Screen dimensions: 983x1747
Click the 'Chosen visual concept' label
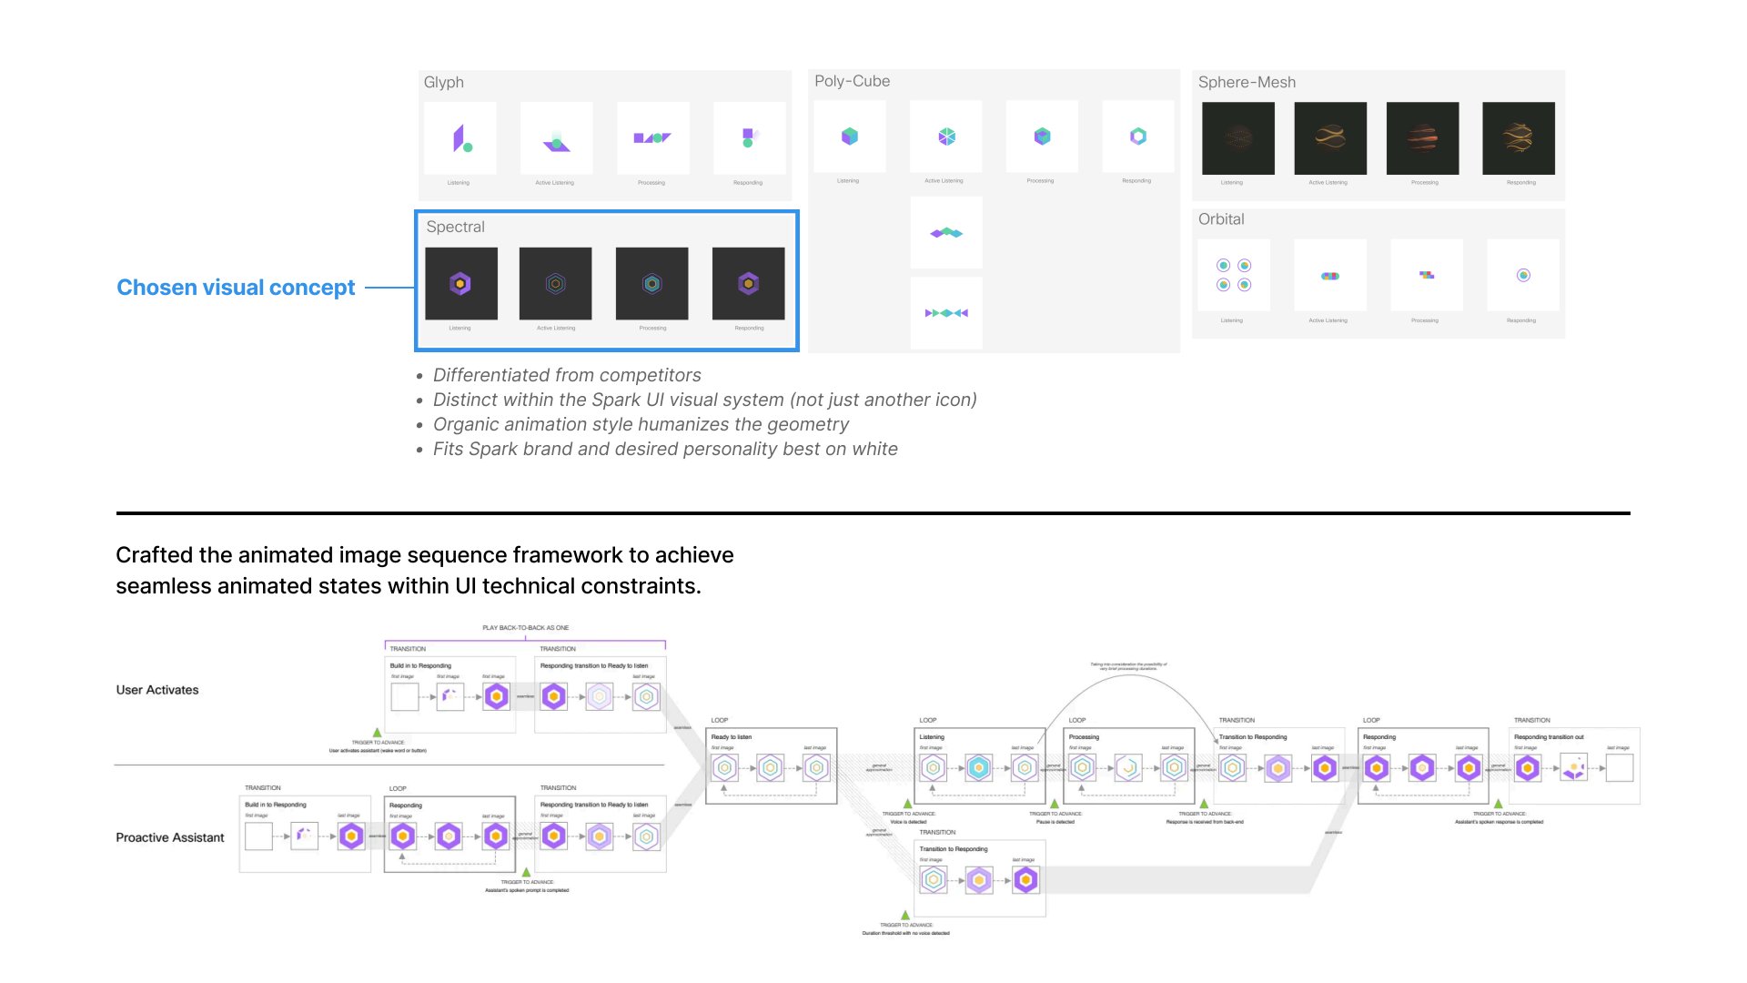tap(236, 288)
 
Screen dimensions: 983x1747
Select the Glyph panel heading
tap(444, 83)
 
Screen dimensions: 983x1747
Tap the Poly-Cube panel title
tap(852, 81)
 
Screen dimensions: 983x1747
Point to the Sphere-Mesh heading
tap(1247, 83)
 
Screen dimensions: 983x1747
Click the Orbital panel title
tap(1221, 219)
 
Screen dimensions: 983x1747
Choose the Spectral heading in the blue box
tap(455, 227)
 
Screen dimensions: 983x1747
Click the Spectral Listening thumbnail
tap(461, 284)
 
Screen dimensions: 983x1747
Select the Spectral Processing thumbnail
tap(651, 284)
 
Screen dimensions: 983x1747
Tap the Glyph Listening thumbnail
tap(460, 138)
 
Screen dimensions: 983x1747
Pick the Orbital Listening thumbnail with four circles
tap(1234, 275)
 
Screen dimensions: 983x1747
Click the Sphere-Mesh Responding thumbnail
tap(1518, 138)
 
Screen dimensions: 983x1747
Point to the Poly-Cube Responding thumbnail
tap(1137, 137)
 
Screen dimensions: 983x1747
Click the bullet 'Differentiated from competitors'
tap(567, 375)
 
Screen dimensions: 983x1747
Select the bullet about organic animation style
tap(641, 424)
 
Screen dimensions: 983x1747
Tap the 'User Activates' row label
tap(157, 690)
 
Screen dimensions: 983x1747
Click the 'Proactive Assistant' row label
tap(170, 837)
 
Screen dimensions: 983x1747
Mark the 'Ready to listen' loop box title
tap(732, 737)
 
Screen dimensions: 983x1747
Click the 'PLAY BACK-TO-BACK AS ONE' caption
tap(526, 628)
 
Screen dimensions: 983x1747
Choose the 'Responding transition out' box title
tap(1549, 737)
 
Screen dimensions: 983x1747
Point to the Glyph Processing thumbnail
tap(652, 138)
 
